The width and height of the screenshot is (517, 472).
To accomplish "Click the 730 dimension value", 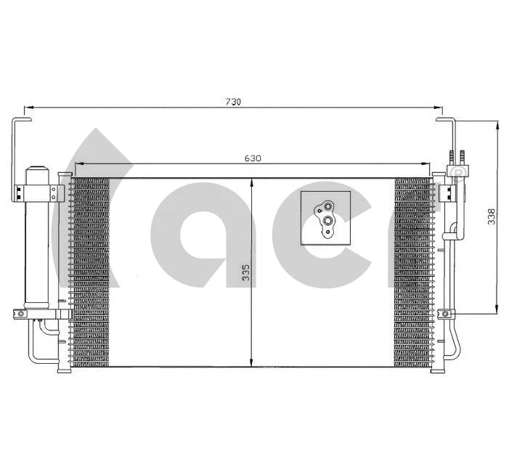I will pos(232,102).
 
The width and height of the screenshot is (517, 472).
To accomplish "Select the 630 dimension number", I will pos(252,158).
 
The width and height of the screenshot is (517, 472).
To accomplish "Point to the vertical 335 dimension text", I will pos(246,272).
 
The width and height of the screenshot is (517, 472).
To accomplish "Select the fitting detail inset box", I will pos(325,217).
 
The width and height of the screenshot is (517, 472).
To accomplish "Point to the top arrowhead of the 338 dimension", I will pos(497,126).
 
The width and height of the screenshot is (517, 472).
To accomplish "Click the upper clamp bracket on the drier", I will pos(36,192).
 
